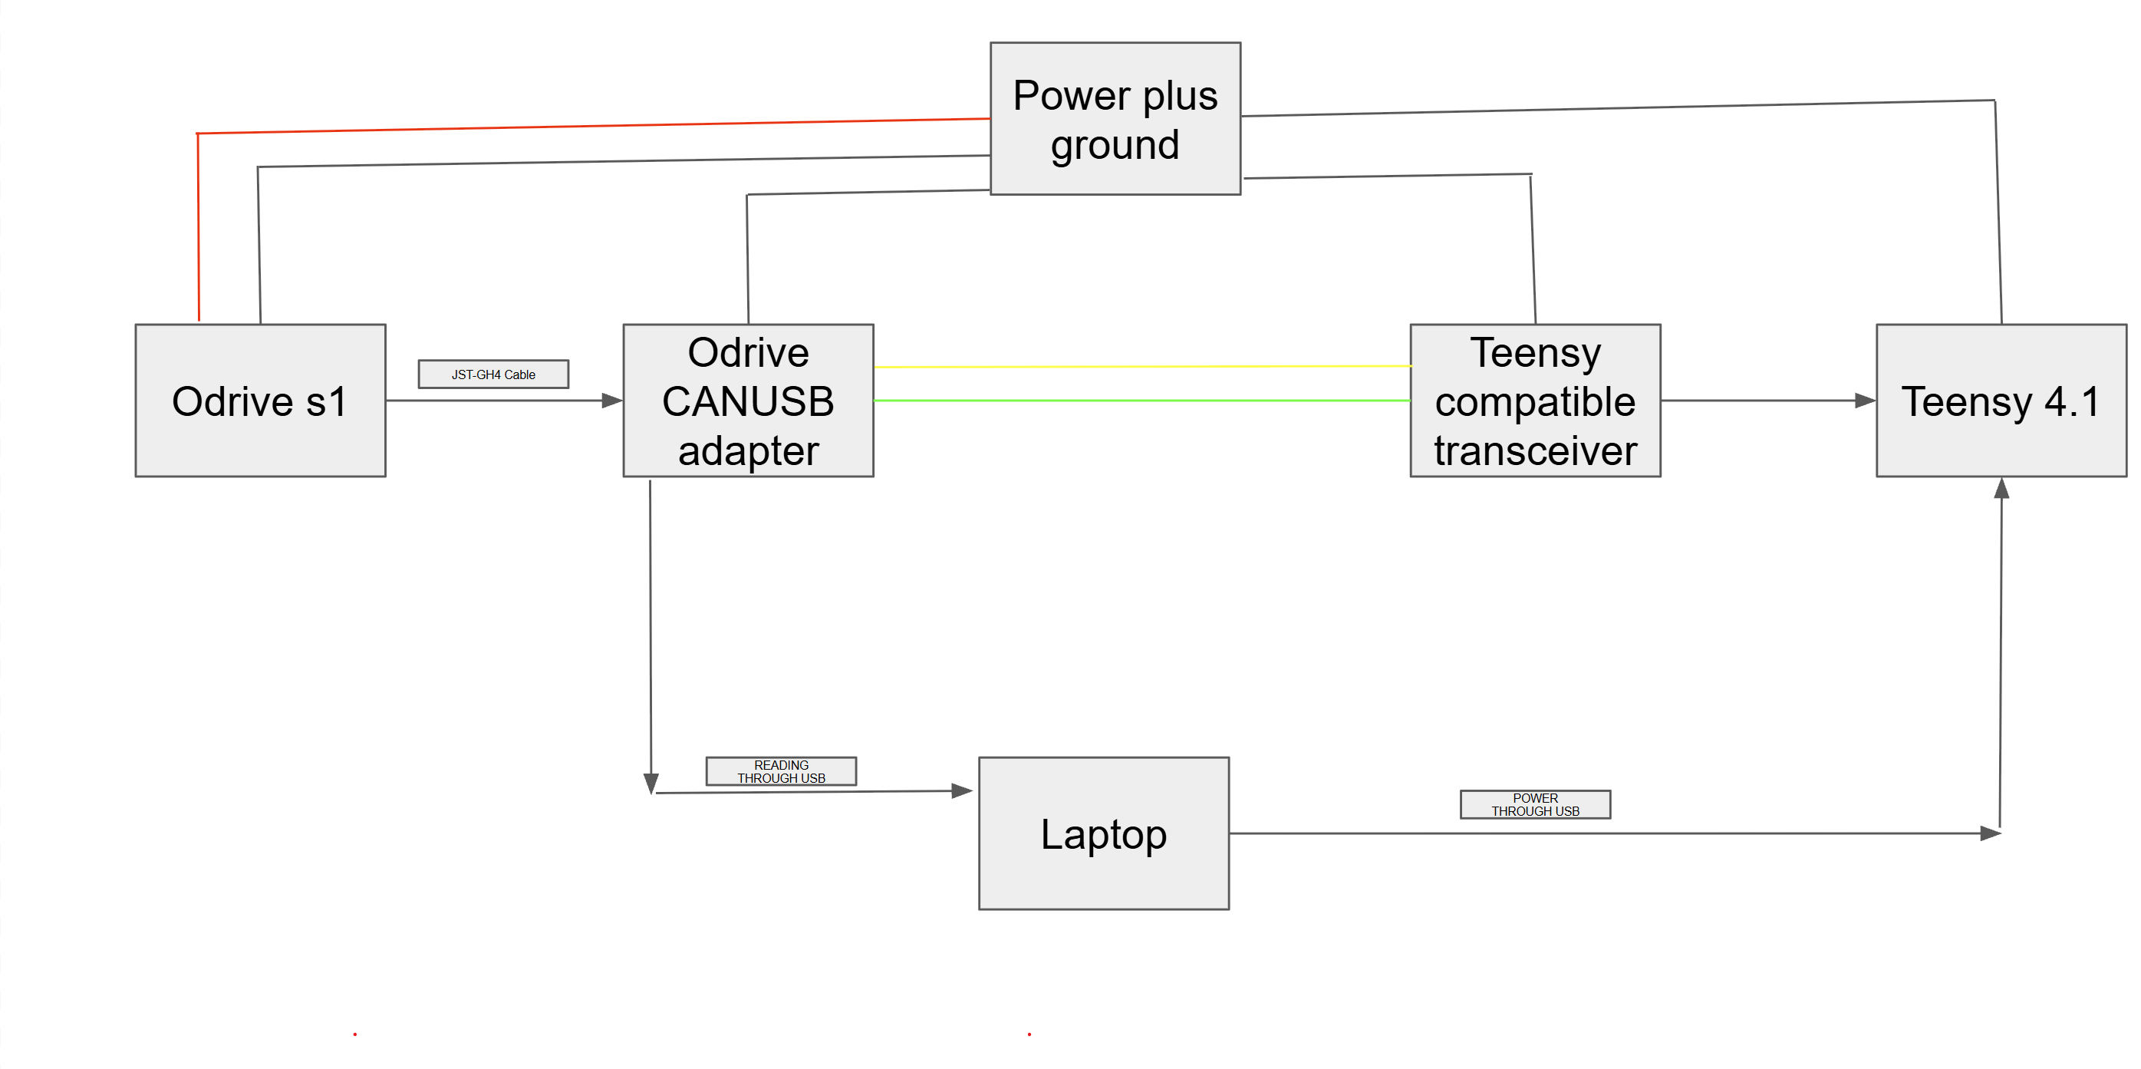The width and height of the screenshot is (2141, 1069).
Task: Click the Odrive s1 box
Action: click(x=260, y=400)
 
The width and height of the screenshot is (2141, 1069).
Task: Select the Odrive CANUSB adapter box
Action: click(x=748, y=400)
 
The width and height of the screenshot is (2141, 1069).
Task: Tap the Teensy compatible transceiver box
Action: click(x=1535, y=400)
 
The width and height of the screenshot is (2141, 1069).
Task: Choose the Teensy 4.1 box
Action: click(x=2001, y=400)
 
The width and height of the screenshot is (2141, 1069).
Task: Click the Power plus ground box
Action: click(x=1115, y=118)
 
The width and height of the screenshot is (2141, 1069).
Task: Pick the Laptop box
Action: click(x=1104, y=833)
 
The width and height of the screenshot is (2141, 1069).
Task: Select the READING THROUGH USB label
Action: click(x=781, y=771)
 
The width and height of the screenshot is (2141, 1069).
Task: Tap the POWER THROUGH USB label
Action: click(x=1535, y=805)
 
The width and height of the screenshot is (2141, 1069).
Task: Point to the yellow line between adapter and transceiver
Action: click(x=1143, y=366)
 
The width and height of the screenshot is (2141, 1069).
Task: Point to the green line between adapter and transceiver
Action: click(x=1142, y=400)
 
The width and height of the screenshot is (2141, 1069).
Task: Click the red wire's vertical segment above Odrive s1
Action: click(x=198, y=227)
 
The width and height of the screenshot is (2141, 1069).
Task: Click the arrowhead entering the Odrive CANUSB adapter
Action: click(x=613, y=401)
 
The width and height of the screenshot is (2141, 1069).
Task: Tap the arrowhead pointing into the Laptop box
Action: click(x=963, y=790)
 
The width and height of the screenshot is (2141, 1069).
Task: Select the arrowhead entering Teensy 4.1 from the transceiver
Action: click(x=1865, y=401)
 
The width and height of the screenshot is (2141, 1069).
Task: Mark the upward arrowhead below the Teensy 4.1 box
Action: click(x=2001, y=489)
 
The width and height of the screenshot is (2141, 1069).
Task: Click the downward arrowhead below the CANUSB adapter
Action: click(x=651, y=784)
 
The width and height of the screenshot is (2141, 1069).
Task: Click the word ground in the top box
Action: click(x=1115, y=147)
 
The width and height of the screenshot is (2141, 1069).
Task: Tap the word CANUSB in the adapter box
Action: click(x=748, y=401)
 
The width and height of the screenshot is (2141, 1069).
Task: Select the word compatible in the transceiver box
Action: click(x=1535, y=403)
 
